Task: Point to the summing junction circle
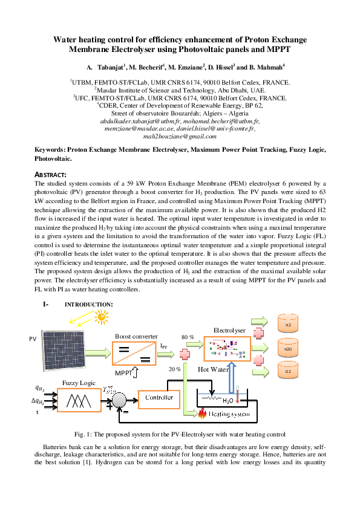pos(120,400)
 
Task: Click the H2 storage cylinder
pos(287,325)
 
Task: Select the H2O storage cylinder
pos(287,349)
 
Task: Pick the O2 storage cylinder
pos(287,371)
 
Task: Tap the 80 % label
pos(188,336)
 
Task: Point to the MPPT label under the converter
pos(124,372)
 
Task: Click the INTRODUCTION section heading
pos(88,303)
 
